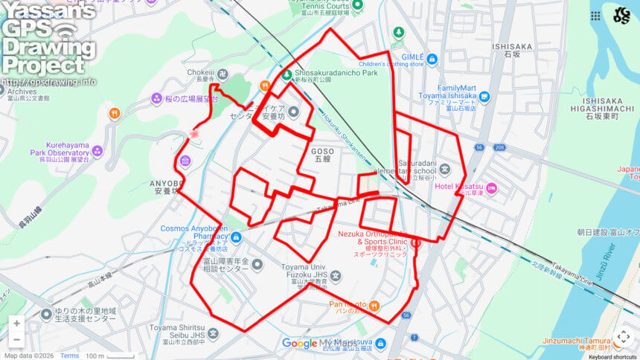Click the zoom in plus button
pos(16,324)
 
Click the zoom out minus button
pos(16,340)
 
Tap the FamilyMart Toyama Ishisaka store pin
pos(484,96)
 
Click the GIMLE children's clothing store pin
pos(432,59)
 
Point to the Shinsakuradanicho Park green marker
pos(287,73)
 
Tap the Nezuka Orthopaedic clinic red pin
pos(415,242)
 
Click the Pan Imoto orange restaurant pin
pos(374,304)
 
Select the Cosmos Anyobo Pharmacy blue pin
pos(236,238)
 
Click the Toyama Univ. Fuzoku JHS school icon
pos(336,277)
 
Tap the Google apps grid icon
pos(596,16)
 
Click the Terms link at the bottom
pos(69,356)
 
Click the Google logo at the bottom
pos(299,344)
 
